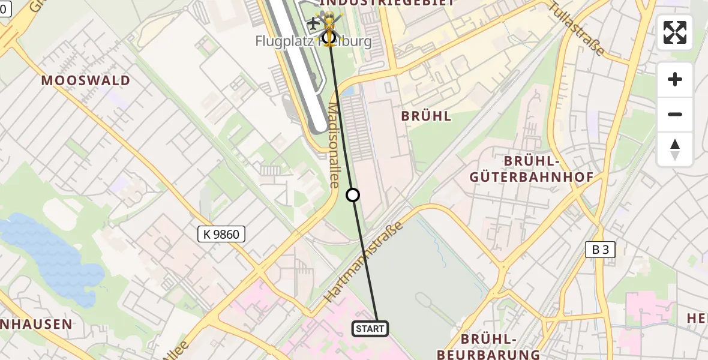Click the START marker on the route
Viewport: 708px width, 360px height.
tap(370, 329)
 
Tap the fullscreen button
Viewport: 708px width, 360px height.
tap(675, 32)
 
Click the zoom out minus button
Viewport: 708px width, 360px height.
tap(675, 114)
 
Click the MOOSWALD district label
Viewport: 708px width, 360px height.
tap(86, 81)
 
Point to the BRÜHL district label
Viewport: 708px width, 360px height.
tap(426, 116)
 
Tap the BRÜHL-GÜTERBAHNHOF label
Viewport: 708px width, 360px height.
tap(532, 169)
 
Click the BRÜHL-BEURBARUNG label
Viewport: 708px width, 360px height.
tap(489, 347)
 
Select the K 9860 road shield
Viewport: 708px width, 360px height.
tap(221, 234)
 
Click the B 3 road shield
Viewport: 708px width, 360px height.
tap(600, 250)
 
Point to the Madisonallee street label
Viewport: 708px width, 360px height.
tap(334, 144)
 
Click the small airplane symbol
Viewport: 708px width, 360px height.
tap(313, 24)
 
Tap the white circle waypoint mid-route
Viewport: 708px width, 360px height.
tap(353, 195)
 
